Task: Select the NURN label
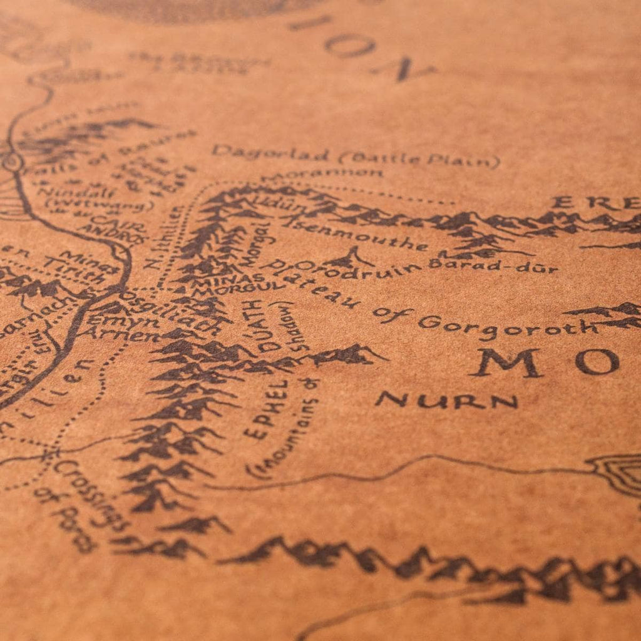[447, 401]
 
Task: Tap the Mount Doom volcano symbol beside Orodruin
[351, 257]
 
